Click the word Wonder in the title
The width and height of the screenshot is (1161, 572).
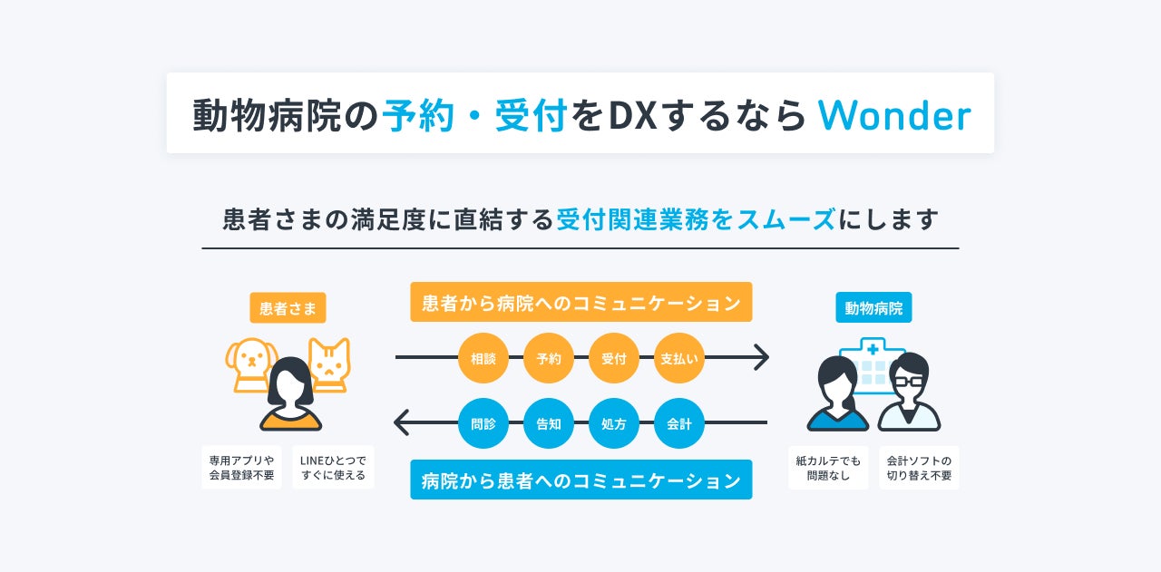[893, 115]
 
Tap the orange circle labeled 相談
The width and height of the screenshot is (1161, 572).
[483, 358]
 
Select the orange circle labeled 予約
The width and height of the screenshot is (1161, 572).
[549, 358]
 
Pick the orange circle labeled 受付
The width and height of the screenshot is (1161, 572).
[614, 358]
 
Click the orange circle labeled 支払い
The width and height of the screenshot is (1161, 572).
[679, 358]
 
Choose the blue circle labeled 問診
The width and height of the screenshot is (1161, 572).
[483, 423]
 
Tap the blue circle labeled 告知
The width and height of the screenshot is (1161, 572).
[549, 423]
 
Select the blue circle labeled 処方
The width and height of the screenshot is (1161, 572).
[614, 423]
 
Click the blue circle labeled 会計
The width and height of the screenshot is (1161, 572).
[679, 423]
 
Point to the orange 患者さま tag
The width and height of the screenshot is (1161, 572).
[288, 308]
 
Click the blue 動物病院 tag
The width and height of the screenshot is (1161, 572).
[873, 308]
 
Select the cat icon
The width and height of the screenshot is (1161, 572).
[328, 363]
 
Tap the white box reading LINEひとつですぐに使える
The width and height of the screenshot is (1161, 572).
[333, 467]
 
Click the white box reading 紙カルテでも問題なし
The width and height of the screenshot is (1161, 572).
[828, 467]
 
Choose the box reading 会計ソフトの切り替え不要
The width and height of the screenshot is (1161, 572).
[919, 467]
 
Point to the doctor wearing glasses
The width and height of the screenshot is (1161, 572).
[910, 394]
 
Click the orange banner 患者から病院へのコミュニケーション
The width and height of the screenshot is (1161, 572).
[580, 303]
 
